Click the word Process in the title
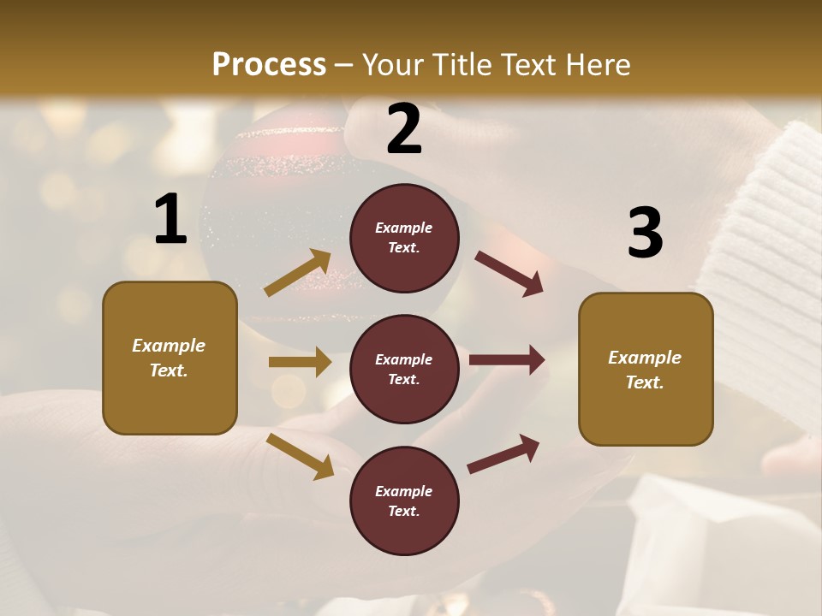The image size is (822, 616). click(269, 64)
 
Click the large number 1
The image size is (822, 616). click(170, 220)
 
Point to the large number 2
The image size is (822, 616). click(404, 130)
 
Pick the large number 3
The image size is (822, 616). click(645, 234)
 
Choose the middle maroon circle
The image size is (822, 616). click(404, 369)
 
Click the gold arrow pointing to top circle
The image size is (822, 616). click(298, 273)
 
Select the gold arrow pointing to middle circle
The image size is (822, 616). click(300, 362)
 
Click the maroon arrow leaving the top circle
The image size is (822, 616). click(509, 274)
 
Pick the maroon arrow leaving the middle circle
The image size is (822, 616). click(507, 360)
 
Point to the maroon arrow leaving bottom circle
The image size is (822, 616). click(503, 453)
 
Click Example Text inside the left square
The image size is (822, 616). click(169, 358)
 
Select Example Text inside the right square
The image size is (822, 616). click(645, 370)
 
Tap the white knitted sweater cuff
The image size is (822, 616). click(762, 257)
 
